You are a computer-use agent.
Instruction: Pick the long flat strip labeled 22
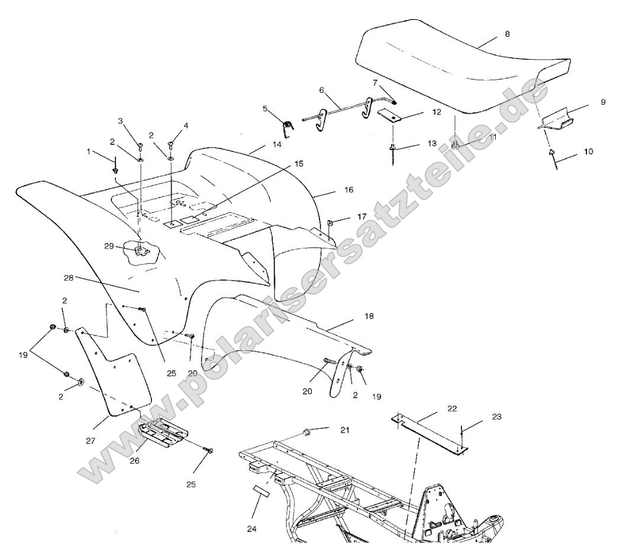pyautogui.click(x=429, y=432)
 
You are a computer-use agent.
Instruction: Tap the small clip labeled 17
pyautogui.click(x=330, y=223)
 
